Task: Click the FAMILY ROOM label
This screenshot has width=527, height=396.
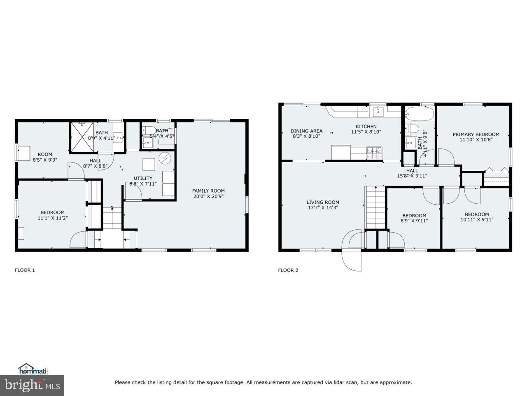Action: (x=208, y=191)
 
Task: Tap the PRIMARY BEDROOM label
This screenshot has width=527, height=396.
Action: (x=476, y=134)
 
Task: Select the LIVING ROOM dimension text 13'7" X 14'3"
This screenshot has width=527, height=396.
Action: (x=323, y=208)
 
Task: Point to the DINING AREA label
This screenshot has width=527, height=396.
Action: (x=306, y=131)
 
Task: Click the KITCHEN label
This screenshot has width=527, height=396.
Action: (x=366, y=127)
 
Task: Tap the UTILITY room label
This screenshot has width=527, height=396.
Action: (x=143, y=178)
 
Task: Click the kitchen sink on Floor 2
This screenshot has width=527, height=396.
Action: (x=378, y=111)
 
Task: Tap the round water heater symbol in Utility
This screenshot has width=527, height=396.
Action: (x=166, y=158)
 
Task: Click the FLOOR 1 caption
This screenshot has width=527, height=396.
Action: (x=25, y=270)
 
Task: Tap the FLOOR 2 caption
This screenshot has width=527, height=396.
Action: (x=288, y=270)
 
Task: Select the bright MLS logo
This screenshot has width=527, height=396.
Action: (x=32, y=386)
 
